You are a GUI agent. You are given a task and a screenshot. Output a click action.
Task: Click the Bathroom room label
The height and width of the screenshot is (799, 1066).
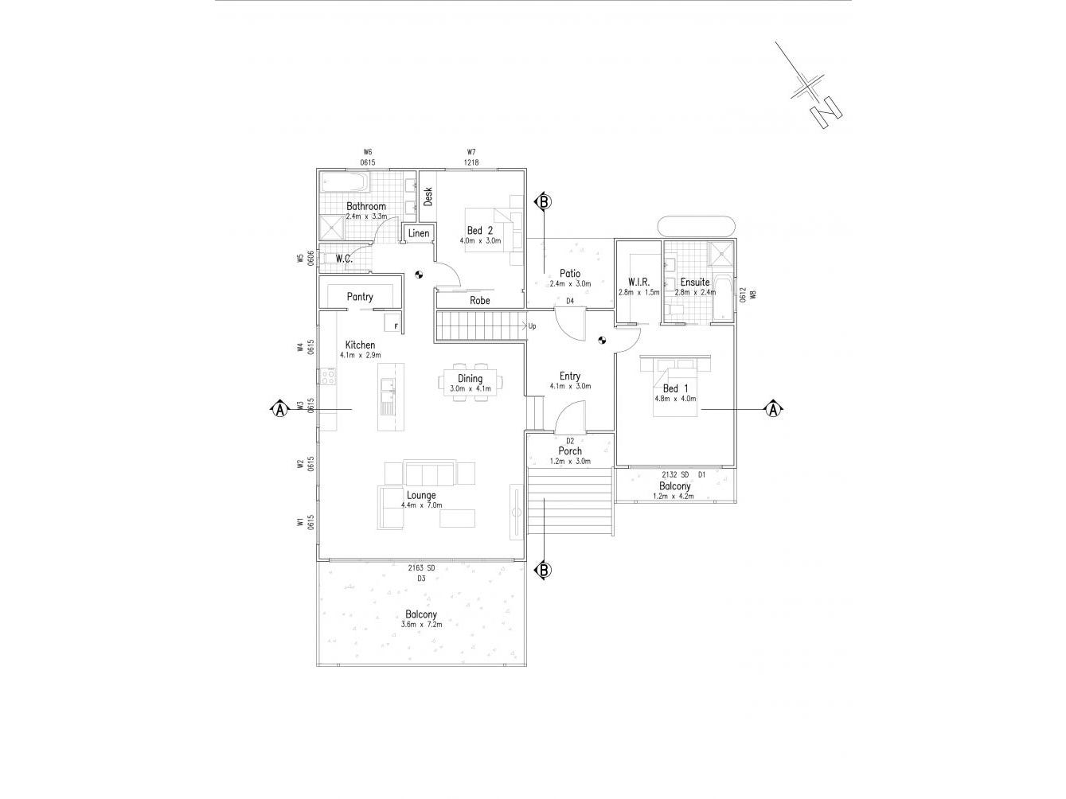point(365,206)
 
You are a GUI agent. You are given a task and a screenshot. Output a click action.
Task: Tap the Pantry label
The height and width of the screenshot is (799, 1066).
point(360,297)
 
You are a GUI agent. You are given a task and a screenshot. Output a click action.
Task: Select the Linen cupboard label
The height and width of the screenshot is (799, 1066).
point(419,233)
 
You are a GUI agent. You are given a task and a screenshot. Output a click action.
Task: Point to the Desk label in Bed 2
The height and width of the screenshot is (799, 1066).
point(428,197)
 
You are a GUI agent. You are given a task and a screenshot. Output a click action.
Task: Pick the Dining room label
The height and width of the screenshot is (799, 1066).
point(470,379)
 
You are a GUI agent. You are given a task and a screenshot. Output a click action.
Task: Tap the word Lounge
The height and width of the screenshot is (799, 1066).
point(421,495)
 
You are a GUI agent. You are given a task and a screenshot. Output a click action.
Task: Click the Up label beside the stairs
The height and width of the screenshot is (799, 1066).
point(532,326)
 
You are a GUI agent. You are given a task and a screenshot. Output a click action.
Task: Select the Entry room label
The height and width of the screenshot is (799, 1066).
point(570,376)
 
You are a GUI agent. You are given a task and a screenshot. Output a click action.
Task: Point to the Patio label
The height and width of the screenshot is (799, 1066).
point(570,274)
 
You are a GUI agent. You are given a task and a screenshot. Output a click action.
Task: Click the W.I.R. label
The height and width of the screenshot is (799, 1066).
point(638,282)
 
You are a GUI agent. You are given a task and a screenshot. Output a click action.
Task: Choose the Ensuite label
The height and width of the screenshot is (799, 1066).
point(694,282)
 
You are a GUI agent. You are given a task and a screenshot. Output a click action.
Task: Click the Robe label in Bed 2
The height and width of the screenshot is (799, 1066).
point(479,301)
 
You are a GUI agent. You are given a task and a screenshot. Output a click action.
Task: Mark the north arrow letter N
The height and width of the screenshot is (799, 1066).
point(826,111)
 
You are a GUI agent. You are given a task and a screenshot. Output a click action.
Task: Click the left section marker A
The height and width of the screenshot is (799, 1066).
point(279,409)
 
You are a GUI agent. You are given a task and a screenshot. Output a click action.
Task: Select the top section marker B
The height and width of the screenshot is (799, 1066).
point(543,201)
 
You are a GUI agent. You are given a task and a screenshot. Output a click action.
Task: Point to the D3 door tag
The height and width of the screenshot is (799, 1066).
point(421,579)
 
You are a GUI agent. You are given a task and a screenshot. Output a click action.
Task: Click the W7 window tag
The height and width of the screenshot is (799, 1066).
point(471,152)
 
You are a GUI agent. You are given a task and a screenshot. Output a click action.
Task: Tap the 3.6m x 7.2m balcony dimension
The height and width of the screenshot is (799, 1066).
point(421,625)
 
